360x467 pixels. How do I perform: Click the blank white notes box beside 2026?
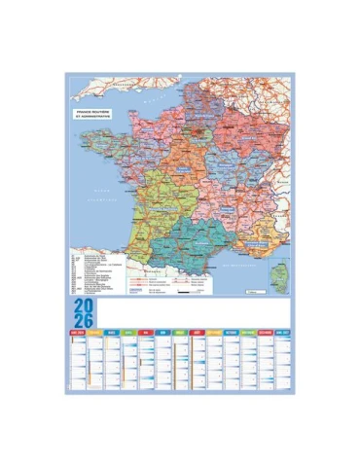point(195,314)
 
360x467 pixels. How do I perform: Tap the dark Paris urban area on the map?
point(195,126)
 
